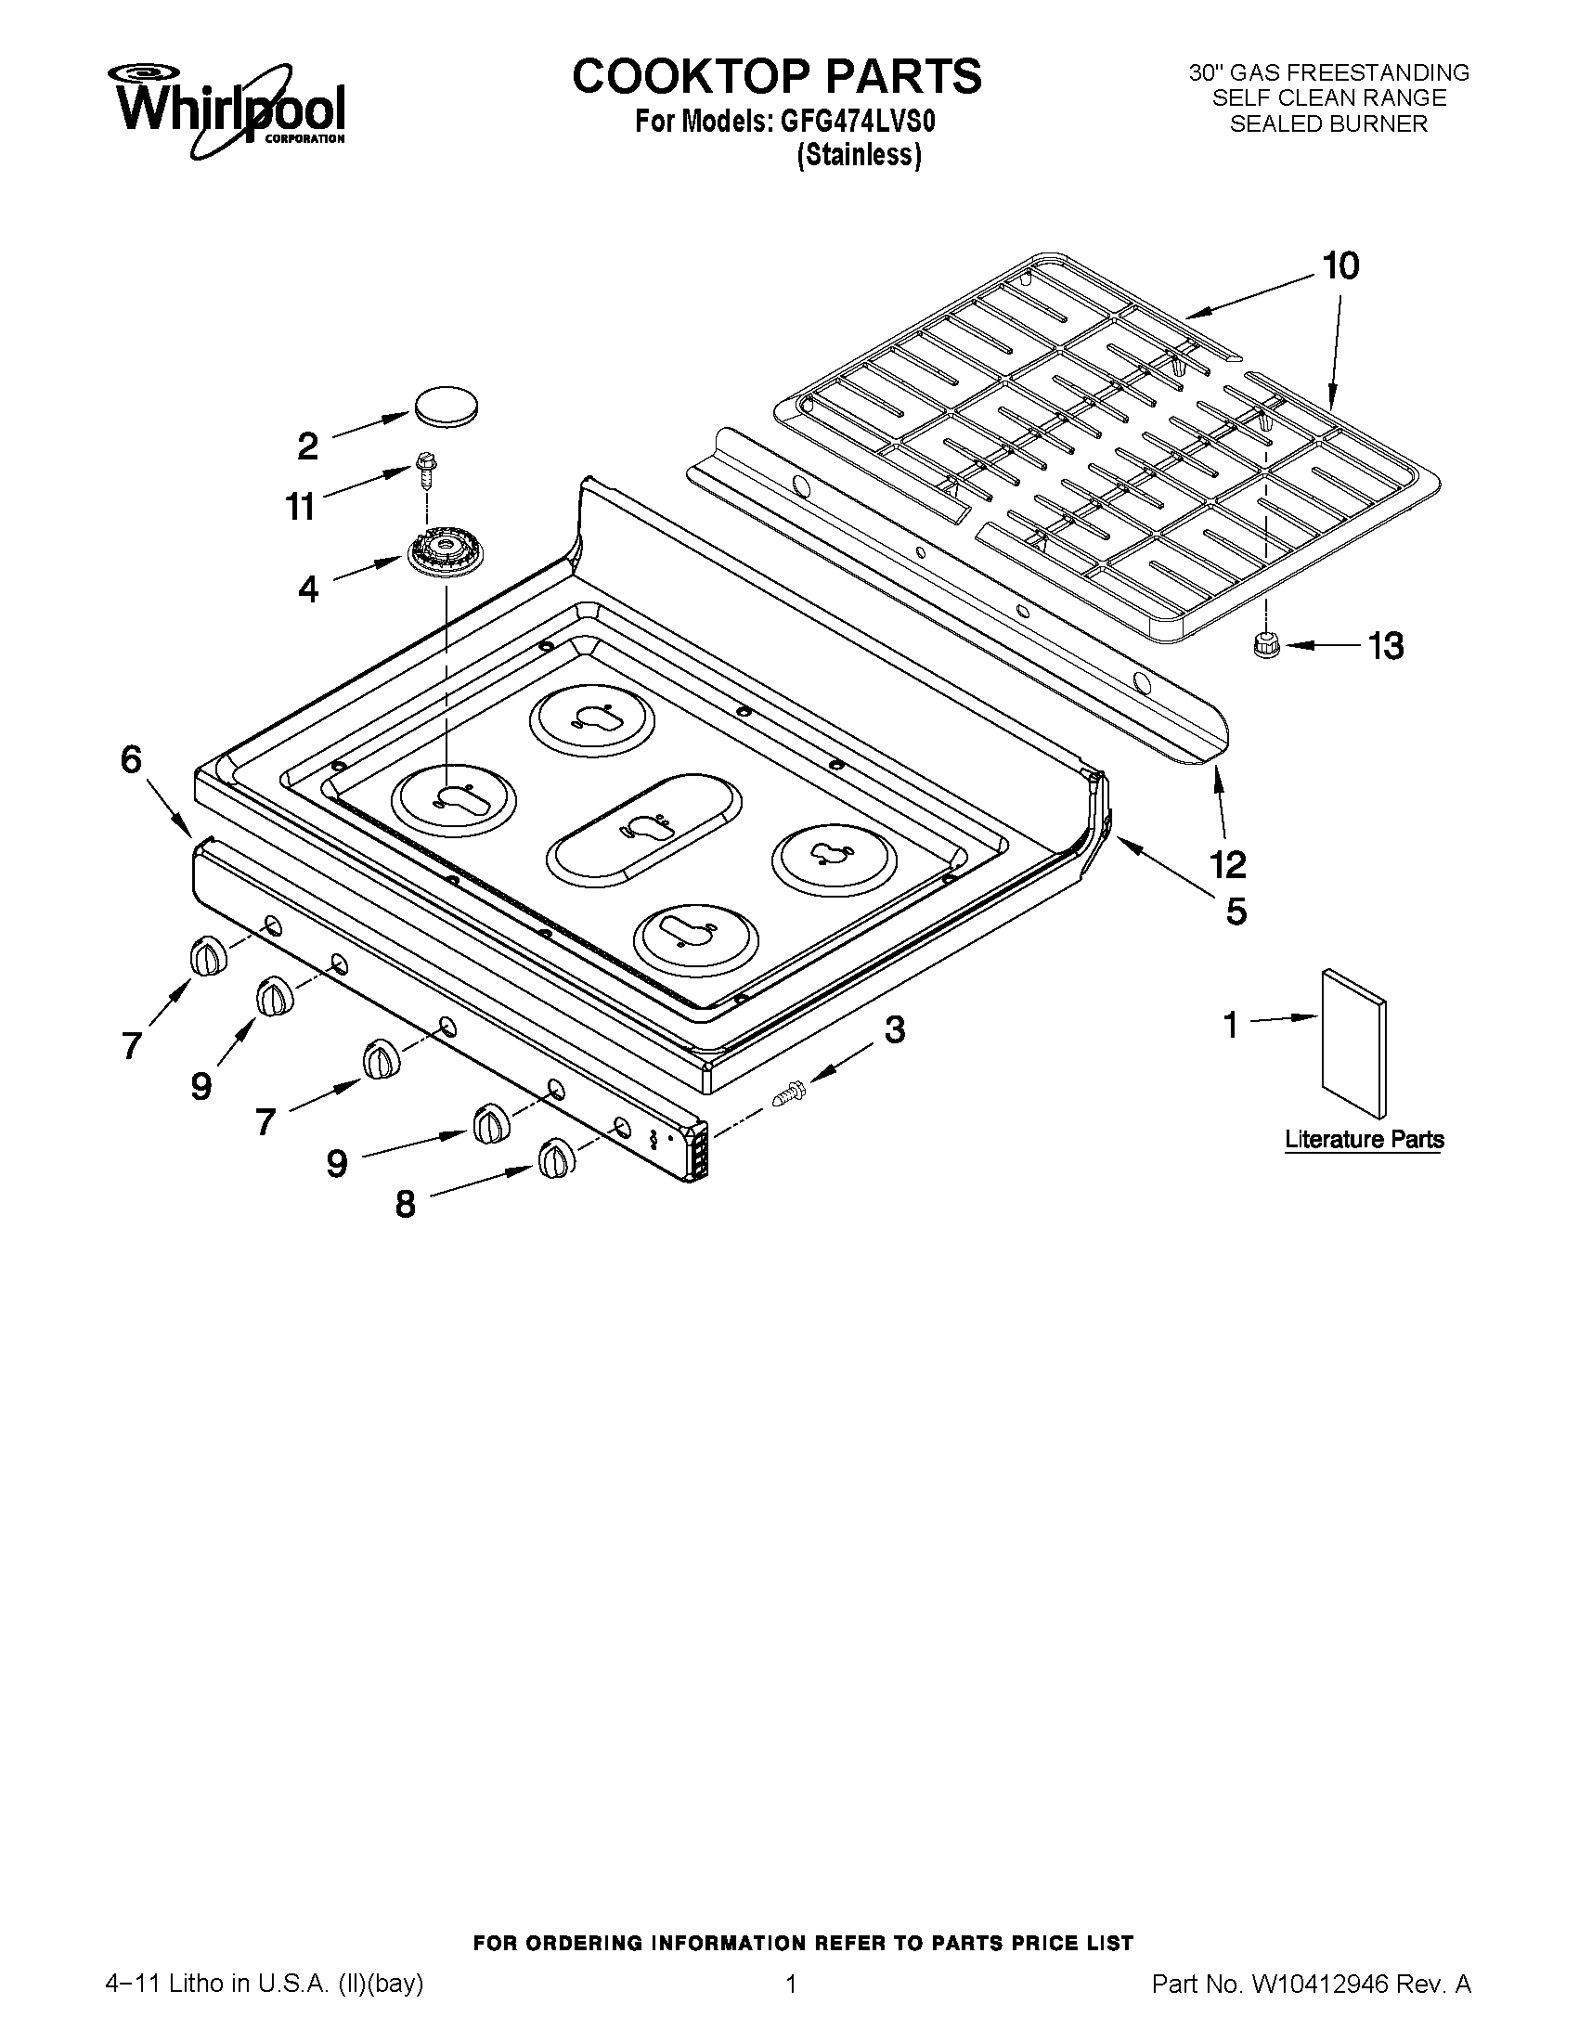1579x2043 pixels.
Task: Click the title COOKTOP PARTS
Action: coord(776,77)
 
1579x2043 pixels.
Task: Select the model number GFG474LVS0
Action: coord(851,123)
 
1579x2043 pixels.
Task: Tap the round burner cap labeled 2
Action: coord(446,406)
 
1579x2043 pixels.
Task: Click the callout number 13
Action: coord(1385,645)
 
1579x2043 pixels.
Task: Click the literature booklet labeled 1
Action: coord(1353,1042)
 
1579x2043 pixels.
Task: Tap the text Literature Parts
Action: coord(1363,1139)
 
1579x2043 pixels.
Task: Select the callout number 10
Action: coord(1340,266)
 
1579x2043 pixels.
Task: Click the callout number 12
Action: coord(1227,863)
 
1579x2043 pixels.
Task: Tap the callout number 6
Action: coord(131,759)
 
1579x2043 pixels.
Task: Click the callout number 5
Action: coord(1236,911)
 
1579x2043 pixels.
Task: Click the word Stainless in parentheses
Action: coord(859,155)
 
